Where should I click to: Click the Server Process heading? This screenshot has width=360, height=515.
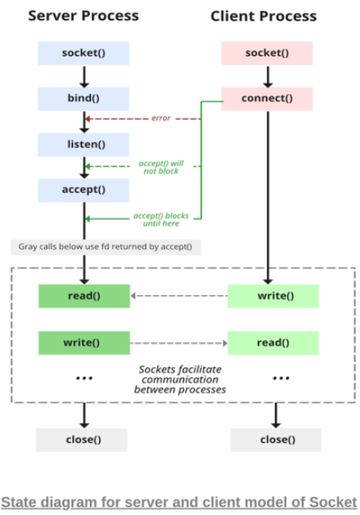tap(84, 15)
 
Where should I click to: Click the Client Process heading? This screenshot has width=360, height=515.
tap(264, 16)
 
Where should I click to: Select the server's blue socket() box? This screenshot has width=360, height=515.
tap(84, 54)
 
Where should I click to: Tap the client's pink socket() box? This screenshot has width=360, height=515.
tap(267, 54)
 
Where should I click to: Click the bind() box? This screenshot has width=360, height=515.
tap(84, 99)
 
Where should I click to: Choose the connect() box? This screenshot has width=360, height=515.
tap(267, 99)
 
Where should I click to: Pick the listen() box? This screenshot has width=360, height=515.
tap(84, 144)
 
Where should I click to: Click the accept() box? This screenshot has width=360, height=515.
tap(84, 190)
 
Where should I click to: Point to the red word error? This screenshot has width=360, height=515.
tap(161, 118)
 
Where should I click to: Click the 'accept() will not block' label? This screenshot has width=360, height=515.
tap(161, 167)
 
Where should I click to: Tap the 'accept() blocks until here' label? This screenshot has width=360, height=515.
tap(161, 220)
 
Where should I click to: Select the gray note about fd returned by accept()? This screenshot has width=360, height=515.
tap(105, 247)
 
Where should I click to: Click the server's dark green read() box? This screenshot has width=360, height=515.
tap(84, 296)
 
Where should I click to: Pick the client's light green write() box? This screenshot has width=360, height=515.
tap(273, 296)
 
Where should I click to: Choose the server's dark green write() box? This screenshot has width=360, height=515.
tap(84, 343)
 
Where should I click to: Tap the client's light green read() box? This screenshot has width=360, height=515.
tap(273, 343)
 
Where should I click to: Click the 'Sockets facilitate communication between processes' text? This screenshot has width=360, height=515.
tap(180, 380)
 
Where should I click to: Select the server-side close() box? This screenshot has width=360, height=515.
tap(81, 440)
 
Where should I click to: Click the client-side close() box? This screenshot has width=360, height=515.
tap(276, 440)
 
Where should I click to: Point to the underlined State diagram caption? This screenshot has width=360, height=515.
tap(178, 503)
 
